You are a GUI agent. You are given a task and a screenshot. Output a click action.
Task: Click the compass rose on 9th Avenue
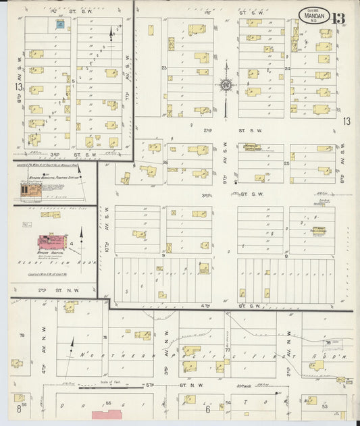(225, 85)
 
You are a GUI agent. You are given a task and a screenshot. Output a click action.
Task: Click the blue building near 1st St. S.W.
(59, 25)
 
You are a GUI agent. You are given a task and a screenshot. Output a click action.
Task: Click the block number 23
(163, 68)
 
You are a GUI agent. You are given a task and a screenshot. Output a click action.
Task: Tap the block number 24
(287, 68)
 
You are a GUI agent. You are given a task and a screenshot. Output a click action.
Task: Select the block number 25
(287, 163)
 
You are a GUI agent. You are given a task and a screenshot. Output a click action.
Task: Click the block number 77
(228, 331)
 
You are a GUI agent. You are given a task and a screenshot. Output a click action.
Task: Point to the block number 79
(22, 336)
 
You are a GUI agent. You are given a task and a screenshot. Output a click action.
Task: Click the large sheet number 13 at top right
(338, 17)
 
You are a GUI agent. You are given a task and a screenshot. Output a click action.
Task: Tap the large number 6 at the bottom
(209, 408)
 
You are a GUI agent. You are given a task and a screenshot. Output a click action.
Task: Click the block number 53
(325, 406)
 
